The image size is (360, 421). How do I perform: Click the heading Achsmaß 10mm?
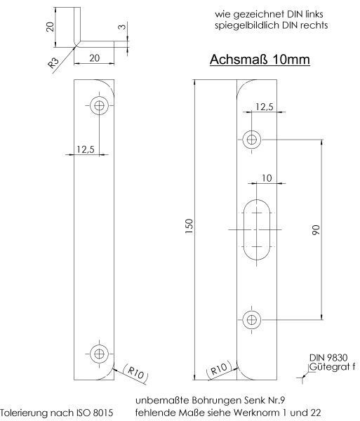point(260,61)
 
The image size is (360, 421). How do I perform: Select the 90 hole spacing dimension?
point(316,229)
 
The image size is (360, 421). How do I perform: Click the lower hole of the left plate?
point(99,353)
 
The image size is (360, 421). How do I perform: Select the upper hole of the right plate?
point(251,139)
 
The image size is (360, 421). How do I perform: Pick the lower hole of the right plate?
point(251,320)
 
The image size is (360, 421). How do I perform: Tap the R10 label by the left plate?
point(135,372)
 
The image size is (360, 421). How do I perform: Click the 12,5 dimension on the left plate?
point(85,149)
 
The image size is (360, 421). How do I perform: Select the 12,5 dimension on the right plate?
point(265,107)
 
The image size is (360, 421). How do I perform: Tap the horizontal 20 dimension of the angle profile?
point(94,59)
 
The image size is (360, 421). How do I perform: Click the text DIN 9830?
point(327,358)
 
